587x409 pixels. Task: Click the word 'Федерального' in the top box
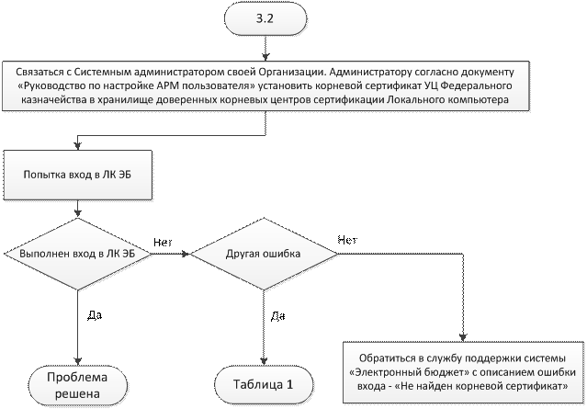click(488, 84)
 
